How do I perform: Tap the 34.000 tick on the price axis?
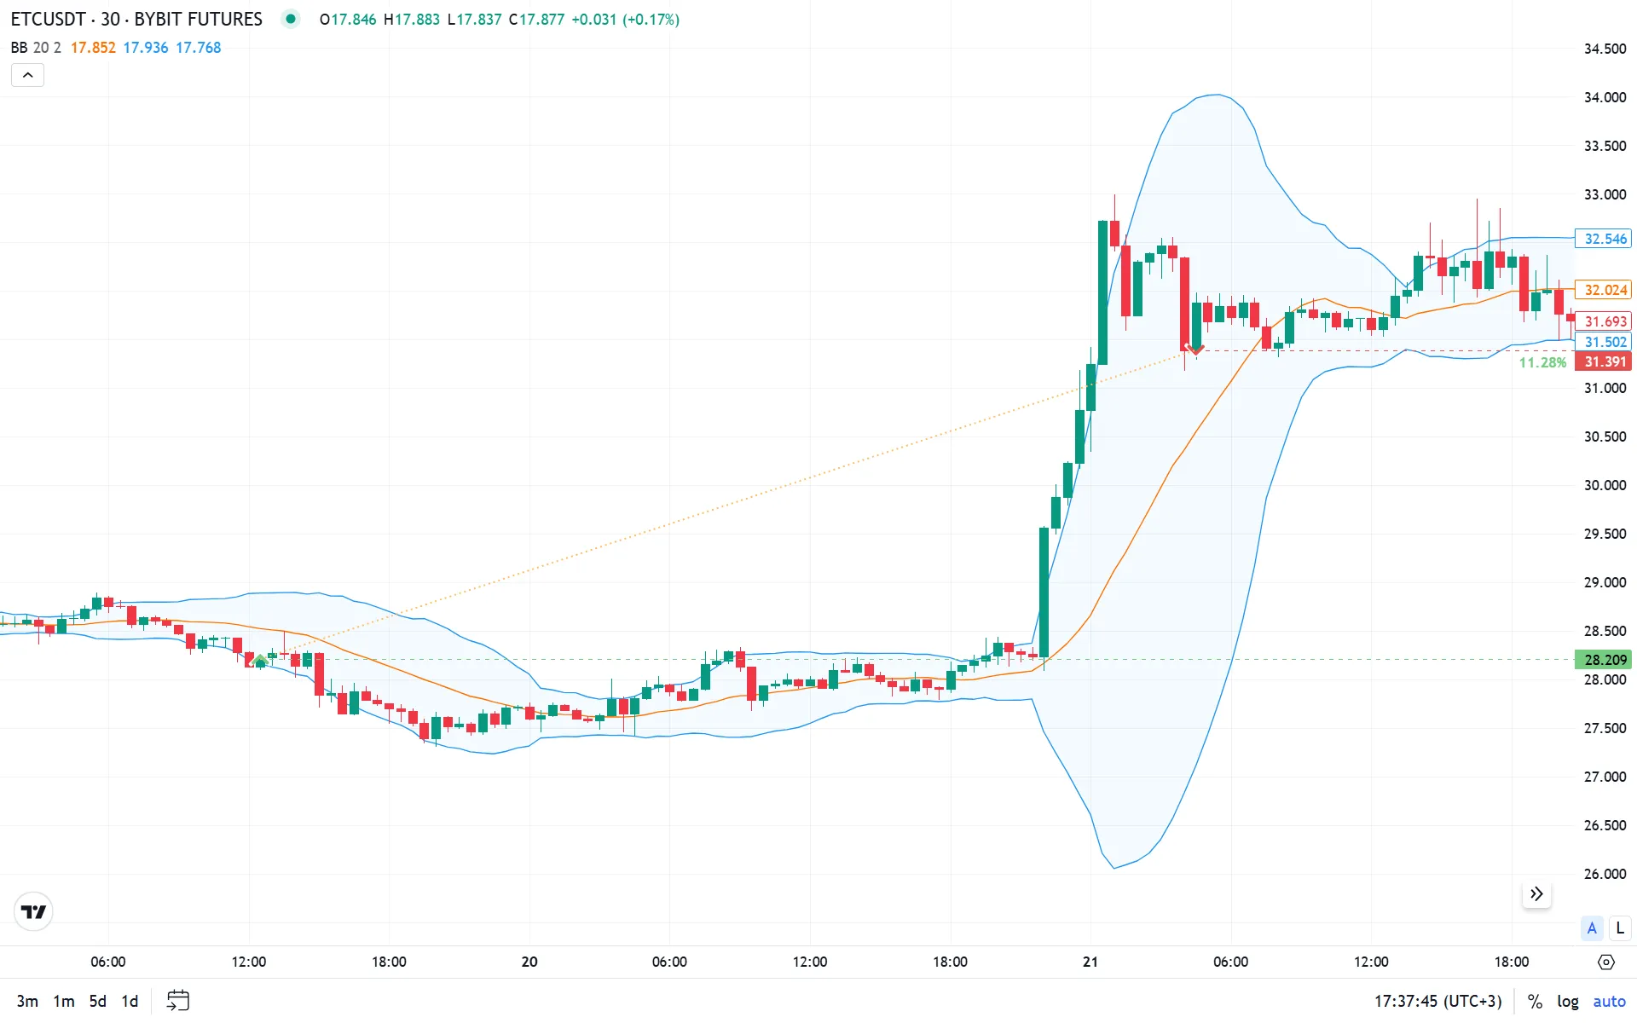(1605, 97)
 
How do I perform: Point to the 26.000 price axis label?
(1605, 874)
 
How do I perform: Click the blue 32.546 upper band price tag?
(1605, 239)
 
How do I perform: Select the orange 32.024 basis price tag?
(1605, 290)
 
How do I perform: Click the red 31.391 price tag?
(1605, 361)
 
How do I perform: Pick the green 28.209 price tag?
(1605, 660)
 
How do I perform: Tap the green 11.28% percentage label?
(1542, 362)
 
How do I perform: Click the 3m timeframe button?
(27, 1001)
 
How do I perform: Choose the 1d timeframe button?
(130, 1001)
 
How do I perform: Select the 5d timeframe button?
(98, 1001)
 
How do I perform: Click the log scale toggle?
(1567, 1001)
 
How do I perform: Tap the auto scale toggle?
(1609, 1001)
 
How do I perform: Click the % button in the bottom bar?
(1535, 1001)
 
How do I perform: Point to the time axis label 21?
(1090, 962)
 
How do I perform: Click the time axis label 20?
(529, 962)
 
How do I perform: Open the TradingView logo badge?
(34, 912)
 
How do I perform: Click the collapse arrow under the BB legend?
(27, 75)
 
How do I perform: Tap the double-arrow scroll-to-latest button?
(1536, 893)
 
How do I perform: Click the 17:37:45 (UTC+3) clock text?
(1437, 1001)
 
